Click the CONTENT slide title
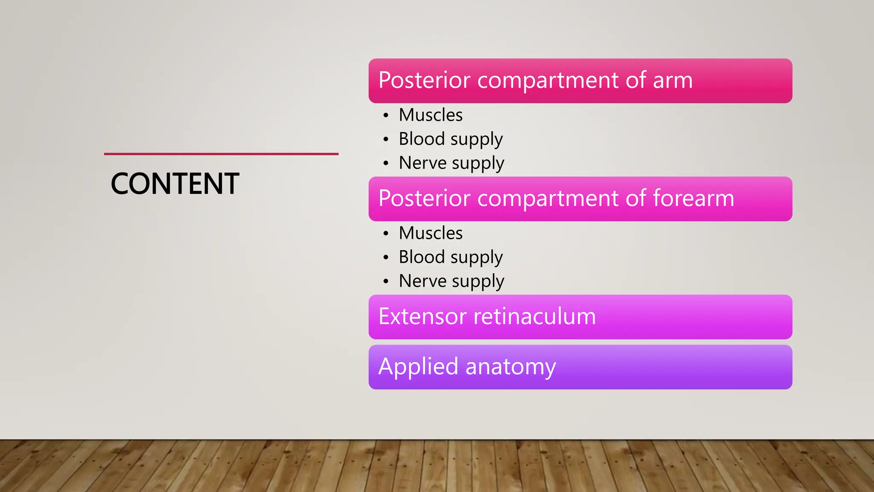175,184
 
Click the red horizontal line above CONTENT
221,154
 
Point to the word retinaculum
535,316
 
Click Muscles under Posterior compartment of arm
431,115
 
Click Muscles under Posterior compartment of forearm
431,233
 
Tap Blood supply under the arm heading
451,139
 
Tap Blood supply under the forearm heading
451,257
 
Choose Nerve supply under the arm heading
452,163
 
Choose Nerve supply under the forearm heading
452,281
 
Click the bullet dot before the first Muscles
386,116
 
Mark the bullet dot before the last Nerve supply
386,281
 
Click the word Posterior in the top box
424,80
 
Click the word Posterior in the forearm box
424,199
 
